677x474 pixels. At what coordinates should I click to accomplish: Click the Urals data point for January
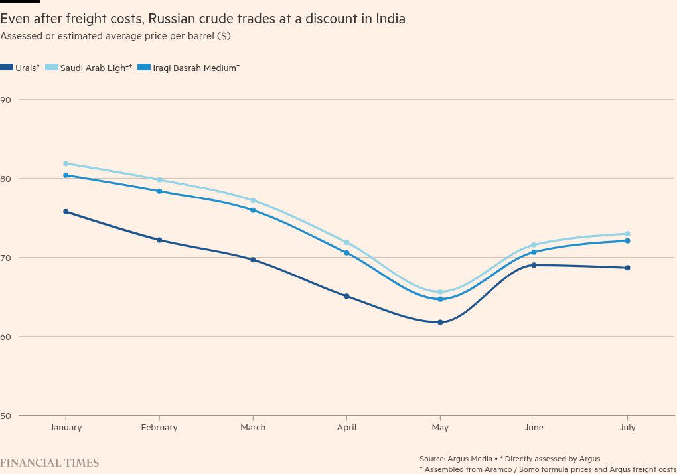66,212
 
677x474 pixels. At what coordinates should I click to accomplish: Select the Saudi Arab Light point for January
66,163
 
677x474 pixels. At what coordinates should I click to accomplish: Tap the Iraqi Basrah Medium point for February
159,191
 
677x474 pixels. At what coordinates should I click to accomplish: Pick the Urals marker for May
440,323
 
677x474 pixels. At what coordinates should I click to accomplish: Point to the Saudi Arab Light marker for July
627,234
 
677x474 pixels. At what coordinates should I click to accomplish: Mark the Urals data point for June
534,265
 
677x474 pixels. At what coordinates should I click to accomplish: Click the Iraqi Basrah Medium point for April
346,253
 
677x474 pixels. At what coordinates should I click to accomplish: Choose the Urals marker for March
253,260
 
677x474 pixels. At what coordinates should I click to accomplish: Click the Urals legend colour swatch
7,68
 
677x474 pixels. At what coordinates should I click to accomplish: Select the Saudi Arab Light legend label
96,68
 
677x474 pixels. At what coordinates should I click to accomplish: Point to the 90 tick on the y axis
6,100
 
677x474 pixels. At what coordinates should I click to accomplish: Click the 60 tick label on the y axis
6,337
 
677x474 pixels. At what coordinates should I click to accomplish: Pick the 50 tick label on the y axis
6,416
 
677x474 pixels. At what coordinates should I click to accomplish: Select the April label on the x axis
346,428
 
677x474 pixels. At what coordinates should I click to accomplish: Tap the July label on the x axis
627,428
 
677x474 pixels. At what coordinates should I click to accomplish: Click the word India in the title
390,19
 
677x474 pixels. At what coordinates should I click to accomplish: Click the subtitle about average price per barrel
115,36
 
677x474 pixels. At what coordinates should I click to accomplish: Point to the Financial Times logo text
50,463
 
